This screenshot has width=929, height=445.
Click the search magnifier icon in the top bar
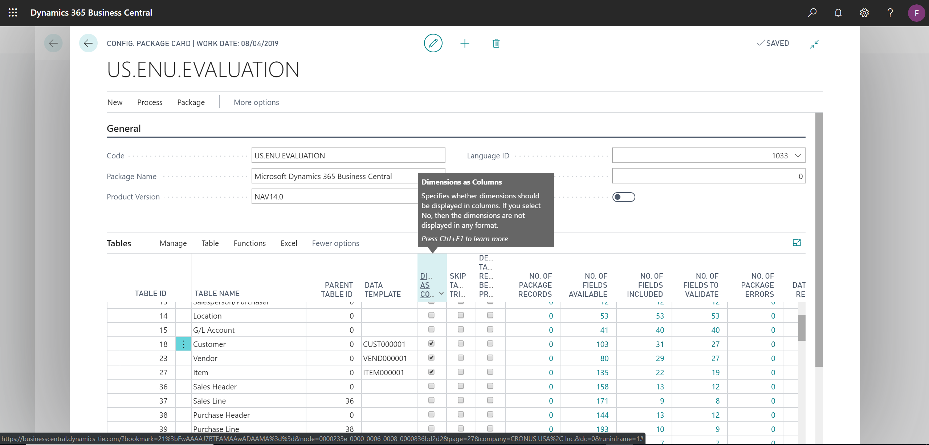[x=812, y=13]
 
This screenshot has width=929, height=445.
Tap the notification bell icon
[x=838, y=13]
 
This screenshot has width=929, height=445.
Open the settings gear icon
[x=864, y=13]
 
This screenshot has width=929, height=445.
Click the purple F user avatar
[x=916, y=13]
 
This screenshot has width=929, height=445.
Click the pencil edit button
[x=433, y=43]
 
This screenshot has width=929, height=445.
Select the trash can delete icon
[x=496, y=44]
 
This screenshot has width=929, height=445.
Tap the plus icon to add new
[x=465, y=44]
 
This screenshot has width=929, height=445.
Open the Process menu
[x=150, y=102]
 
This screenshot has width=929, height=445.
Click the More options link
[x=256, y=102]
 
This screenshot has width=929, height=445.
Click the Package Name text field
[x=334, y=176]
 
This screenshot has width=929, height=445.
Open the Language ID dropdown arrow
[x=798, y=155]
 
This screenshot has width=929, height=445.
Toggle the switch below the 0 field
[x=623, y=197]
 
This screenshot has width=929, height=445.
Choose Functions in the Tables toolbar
[x=249, y=243]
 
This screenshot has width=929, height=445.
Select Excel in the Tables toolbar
[x=289, y=243]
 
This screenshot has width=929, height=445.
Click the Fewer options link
[x=335, y=243]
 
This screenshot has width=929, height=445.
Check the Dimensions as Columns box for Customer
[x=431, y=344]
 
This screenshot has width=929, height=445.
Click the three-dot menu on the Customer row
[x=183, y=344]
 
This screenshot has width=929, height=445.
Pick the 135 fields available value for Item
[x=602, y=373]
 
